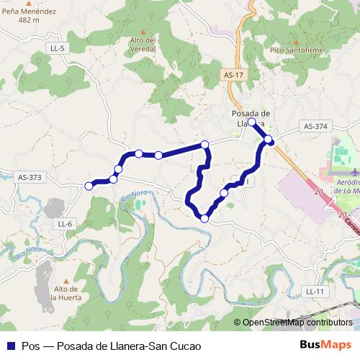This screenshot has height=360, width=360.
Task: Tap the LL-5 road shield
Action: coord(58,48)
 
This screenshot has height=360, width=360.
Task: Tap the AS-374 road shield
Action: coord(315,126)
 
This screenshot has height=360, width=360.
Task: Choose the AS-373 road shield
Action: coord(30,176)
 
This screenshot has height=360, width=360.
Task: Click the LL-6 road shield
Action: coord(65,224)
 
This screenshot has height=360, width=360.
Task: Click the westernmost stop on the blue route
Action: coord(89,186)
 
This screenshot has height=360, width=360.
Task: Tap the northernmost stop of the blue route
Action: coord(252,122)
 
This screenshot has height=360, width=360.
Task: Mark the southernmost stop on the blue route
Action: coord(205,217)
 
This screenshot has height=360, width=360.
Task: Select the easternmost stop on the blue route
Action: coord(269,139)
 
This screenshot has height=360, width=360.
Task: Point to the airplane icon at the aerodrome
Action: coord(354,173)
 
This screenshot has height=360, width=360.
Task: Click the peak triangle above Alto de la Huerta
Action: coord(66,281)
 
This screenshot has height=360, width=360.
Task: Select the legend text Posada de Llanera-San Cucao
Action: coord(124,346)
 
